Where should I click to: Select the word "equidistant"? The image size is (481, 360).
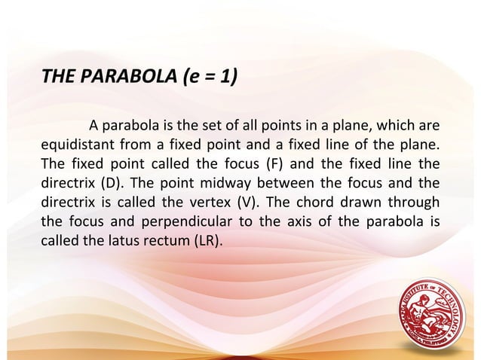click(75, 144)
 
